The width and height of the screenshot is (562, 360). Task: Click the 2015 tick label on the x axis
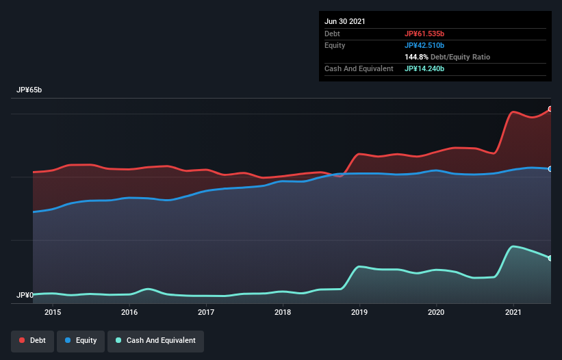(x=53, y=312)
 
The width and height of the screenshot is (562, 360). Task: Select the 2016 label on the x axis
(x=129, y=312)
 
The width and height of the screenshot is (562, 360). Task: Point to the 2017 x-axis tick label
(x=206, y=312)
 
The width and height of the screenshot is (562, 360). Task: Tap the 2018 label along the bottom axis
(x=283, y=312)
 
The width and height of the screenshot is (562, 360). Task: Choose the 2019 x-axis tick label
(x=359, y=312)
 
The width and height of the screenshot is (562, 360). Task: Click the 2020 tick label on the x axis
(x=436, y=312)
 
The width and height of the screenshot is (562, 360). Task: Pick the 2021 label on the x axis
(x=513, y=312)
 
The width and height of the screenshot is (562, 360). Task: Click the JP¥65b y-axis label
(x=31, y=90)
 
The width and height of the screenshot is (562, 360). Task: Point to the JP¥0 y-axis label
(x=25, y=296)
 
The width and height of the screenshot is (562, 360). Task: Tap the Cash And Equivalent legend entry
(x=155, y=340)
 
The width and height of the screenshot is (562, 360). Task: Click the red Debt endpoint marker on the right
(x=550, y=109)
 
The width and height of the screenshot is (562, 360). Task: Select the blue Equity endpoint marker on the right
(x=550, y=168)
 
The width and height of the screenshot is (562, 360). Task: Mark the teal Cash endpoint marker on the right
(x=550, y=258)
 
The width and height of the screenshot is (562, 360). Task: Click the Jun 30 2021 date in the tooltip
(x=345, y=21)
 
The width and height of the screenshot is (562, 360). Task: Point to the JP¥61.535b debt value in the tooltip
(x=429, y=34)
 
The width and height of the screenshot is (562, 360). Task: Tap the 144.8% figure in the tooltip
(x=417, y=57)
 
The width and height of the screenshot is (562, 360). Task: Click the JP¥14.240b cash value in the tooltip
(x=429, y=68)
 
